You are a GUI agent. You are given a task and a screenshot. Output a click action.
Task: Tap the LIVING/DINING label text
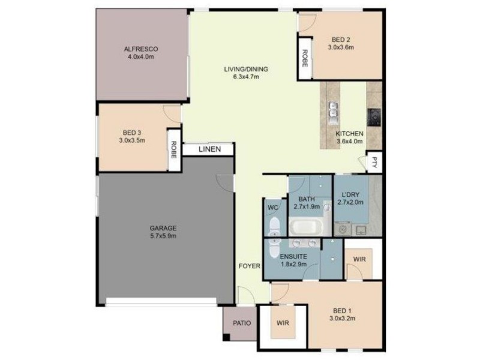coord(246,69)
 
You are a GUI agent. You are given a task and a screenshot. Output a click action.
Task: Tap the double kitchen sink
coord(333,110)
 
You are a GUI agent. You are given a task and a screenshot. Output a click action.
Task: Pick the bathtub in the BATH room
coord(306,227)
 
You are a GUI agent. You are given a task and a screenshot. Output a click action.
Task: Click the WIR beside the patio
coord(283,323)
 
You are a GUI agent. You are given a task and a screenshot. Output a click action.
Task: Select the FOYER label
coord(248,265)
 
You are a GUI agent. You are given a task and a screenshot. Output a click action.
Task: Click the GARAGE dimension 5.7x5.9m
coord(163,236)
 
